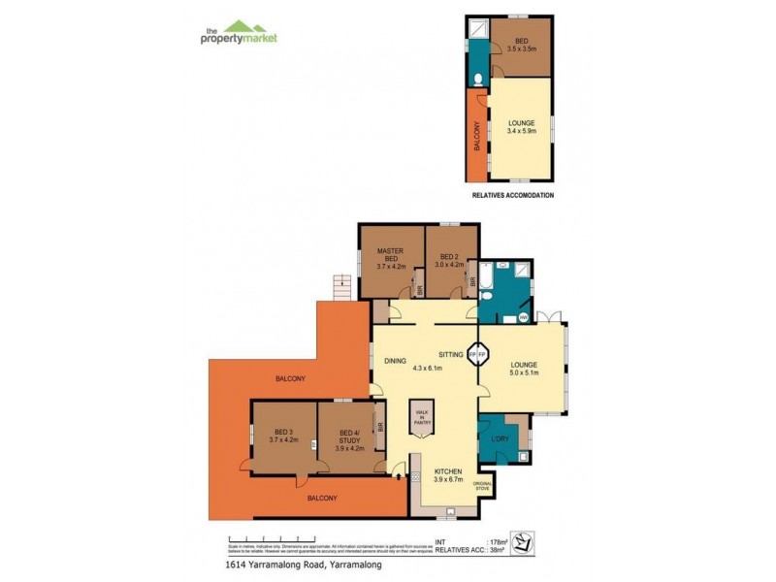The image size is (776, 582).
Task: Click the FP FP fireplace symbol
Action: (475, 355)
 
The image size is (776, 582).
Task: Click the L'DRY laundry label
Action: (501, 437)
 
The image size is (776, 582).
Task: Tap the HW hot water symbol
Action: (523, 316)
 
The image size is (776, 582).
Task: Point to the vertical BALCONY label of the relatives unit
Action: (476, 136)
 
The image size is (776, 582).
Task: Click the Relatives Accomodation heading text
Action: (512, 195)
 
